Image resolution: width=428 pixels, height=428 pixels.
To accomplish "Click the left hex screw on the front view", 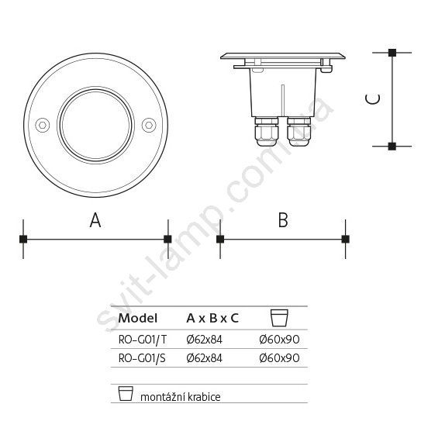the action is point(43,126).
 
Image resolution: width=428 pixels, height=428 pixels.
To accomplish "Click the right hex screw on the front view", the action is point(149,126).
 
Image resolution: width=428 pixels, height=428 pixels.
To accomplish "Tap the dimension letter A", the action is point(95,220).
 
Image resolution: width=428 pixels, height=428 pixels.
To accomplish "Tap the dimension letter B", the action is point(283,220).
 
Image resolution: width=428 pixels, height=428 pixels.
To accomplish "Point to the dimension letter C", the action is point(373,99).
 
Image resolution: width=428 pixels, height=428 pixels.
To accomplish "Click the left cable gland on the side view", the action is point(267,132).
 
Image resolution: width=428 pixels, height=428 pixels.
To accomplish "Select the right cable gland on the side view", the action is point(299,132).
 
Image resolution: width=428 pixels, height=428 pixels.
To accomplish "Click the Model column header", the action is point(138,318).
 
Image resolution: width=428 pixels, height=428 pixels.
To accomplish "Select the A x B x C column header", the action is point(212,318).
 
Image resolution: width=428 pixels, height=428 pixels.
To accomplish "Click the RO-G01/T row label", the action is point(142,340).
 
